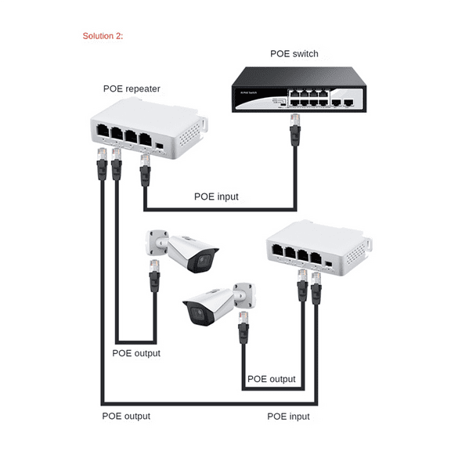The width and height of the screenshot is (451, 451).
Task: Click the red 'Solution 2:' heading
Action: point(103,36)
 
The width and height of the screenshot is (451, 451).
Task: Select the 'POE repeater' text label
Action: point(132,88)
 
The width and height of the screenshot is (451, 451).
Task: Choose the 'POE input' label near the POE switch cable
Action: point(216,197)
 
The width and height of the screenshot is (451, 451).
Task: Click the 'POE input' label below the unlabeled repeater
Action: point(288,417)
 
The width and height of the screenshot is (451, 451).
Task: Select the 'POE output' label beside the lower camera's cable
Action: point(272,379)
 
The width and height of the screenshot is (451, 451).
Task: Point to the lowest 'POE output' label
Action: point(126,417)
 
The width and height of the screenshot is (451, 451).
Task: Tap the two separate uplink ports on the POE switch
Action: point(342,102)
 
